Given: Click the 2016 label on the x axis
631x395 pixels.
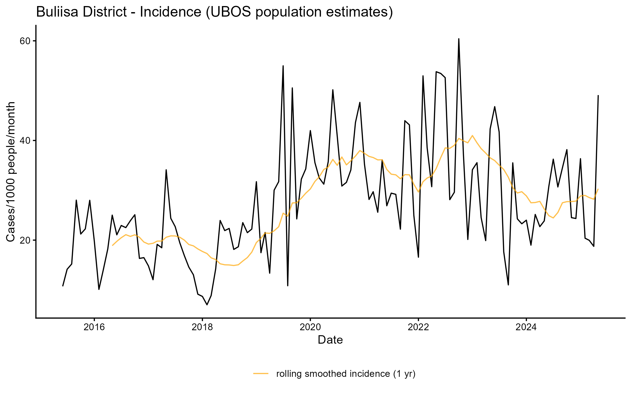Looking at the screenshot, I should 94,327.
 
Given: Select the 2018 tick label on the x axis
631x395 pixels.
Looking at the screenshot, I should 202,327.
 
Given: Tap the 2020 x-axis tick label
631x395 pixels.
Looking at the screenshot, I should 310,327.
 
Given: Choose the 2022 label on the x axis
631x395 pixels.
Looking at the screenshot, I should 418,327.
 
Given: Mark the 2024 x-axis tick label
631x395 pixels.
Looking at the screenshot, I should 526,327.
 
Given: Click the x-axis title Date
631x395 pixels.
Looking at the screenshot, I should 330,340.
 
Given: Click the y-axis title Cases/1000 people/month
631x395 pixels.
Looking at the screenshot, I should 11,172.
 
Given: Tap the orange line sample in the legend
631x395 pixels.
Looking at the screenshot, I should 261,373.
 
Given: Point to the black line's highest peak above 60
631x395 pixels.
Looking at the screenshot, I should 459,39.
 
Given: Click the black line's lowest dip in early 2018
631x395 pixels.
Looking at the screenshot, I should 207,305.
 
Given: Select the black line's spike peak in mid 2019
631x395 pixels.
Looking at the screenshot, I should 283,66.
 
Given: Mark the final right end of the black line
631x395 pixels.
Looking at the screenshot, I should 598,96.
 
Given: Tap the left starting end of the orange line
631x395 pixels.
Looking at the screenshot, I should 113,245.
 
